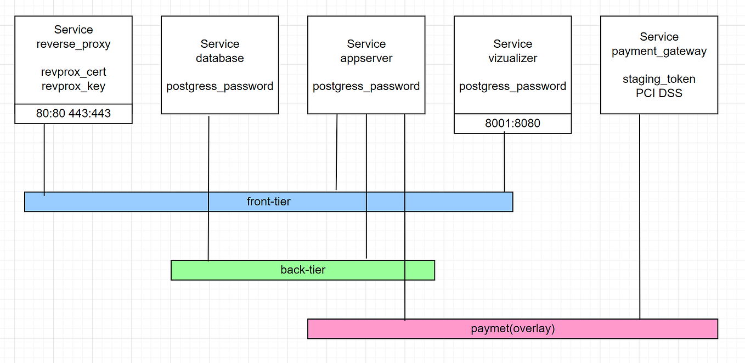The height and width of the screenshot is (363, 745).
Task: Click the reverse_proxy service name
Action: tap(74, 44)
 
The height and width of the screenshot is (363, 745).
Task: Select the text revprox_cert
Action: tap(74, 72)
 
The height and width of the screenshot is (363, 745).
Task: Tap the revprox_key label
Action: tap(74, 86)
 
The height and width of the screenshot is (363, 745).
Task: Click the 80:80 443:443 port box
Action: tap(74, 114)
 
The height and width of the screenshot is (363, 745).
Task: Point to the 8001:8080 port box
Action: tap(512, 124)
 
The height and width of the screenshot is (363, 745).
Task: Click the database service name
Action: tap(220, 58)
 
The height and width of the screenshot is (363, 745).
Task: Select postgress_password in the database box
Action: tap(220, 86)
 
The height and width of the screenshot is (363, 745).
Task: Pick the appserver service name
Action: tap(366, 58)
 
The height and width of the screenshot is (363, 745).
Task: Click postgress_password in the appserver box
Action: tap(366, 86)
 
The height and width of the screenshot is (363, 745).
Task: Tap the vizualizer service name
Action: tap(512, 58)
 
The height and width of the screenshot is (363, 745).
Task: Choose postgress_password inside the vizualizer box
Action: tap(512, 86)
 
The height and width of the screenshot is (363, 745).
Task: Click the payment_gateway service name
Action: tap(659, 51)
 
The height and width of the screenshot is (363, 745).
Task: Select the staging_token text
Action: tap(659, 79)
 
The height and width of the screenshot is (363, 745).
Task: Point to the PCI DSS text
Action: tap(659, 93)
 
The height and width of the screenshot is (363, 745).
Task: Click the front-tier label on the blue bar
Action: tap(268, 202)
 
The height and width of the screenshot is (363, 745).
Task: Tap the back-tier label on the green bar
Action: tap(303, 270)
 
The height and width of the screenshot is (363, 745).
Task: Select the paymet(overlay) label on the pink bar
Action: tap(512, 329)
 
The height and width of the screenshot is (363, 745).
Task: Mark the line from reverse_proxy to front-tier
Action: tap(44, 159)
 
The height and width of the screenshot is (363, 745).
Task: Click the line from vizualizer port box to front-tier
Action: tap(505, 162)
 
